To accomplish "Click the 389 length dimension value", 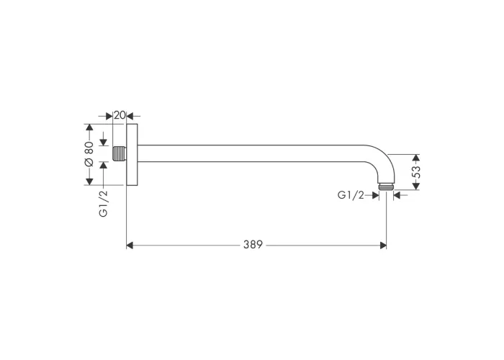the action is click(253, 245).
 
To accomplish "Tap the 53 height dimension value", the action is click(416, 172).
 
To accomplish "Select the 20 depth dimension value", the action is click(120, 115).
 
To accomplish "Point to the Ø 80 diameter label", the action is click(89, 154).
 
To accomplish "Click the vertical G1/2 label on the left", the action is click(104, 204).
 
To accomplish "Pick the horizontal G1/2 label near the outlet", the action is click(351, 195).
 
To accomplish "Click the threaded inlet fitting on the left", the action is click(119, 153).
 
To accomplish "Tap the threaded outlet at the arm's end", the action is click(386, 186).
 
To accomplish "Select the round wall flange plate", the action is click(132, 155).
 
